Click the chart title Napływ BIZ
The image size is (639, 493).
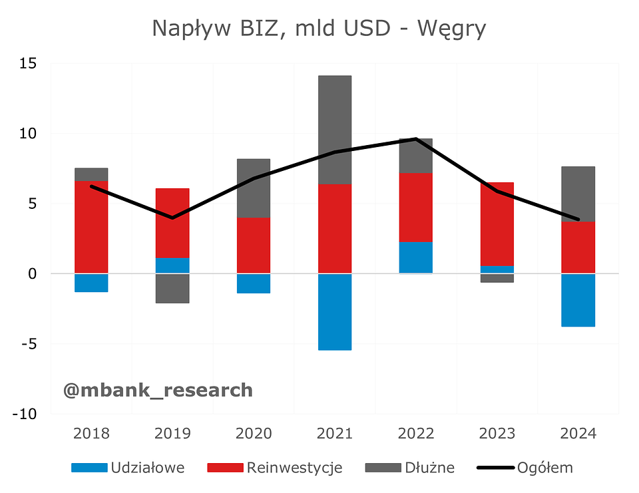pos(319,29)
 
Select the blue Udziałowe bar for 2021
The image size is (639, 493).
pos(334,311)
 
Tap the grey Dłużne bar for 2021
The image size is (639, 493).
pos(334,130)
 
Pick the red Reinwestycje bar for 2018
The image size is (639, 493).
pos(91,227)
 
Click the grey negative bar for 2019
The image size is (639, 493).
pos(172,288)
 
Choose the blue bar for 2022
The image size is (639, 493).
pos(415,257)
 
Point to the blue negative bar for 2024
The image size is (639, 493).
pos(578,300)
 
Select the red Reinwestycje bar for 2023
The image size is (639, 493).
pos(497,224)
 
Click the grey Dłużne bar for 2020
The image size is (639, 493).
pos(254,188)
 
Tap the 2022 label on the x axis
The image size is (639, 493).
pos(415,434)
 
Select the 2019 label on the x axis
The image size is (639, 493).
pos(172,434)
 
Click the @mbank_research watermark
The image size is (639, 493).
pos(158,390)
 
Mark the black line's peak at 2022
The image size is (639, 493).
pos(415,139)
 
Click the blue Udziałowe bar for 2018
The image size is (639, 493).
pos(91,283)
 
